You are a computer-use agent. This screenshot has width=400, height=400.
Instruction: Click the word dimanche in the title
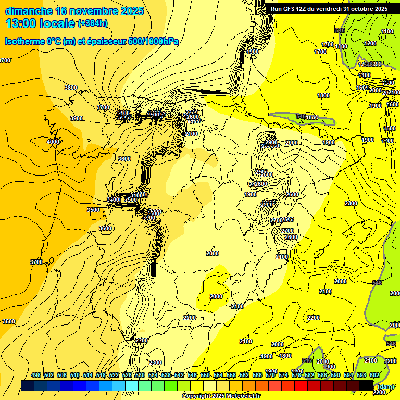tap(29, 11)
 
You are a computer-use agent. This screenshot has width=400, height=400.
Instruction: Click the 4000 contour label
tap(53, 142)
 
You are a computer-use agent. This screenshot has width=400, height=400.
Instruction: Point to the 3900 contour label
tap(77, 118)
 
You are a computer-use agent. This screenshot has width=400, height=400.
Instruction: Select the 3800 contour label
tap(70, 87)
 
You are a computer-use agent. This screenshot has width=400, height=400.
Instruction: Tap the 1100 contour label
tap(387, 32)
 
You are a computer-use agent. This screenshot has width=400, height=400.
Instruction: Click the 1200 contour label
tap(370, 43)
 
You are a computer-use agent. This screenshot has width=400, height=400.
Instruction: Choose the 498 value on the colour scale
tap(36, 375)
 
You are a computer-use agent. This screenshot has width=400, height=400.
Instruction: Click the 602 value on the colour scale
tap(374, 375)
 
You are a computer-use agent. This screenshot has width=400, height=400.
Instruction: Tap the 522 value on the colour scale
tap(114, 375)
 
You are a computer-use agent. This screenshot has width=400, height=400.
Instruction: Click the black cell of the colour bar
tap(366, 385)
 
